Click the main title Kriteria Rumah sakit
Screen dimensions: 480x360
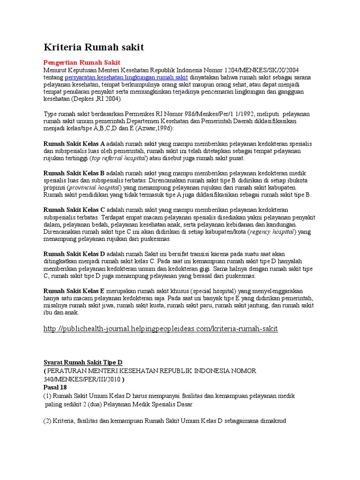coord(94,47)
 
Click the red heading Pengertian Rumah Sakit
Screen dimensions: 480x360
coord(82,62)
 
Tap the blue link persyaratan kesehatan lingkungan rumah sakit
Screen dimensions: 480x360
coord(126,77)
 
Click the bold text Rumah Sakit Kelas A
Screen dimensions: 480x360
coord(74,144)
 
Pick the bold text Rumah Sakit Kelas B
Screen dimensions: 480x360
coord(74,173)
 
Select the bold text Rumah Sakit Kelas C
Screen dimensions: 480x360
coord(74,210)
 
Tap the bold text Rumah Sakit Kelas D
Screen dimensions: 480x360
coord(74,254)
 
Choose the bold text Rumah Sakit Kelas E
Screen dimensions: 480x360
coord(74,291)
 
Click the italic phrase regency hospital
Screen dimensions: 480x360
coord(272,232)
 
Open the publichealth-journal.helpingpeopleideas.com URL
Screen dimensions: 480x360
coord(161,329)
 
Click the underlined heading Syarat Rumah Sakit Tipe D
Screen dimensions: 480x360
coord(82,362)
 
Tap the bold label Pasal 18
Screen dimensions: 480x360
coord(55,387)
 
